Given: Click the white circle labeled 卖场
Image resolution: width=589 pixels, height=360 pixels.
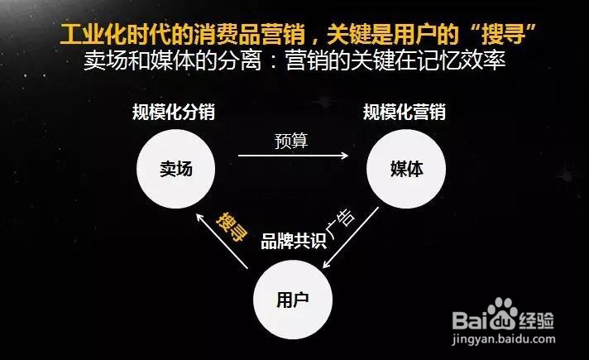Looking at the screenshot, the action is (175, 169).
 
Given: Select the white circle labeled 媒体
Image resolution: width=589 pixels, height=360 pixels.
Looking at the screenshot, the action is (406, 169).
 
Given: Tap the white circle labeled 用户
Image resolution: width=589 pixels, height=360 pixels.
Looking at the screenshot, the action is (291, 297).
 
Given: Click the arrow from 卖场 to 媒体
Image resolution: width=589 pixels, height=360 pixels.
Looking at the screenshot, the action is (293, 155).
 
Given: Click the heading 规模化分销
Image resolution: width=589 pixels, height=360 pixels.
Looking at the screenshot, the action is (179, 112).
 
